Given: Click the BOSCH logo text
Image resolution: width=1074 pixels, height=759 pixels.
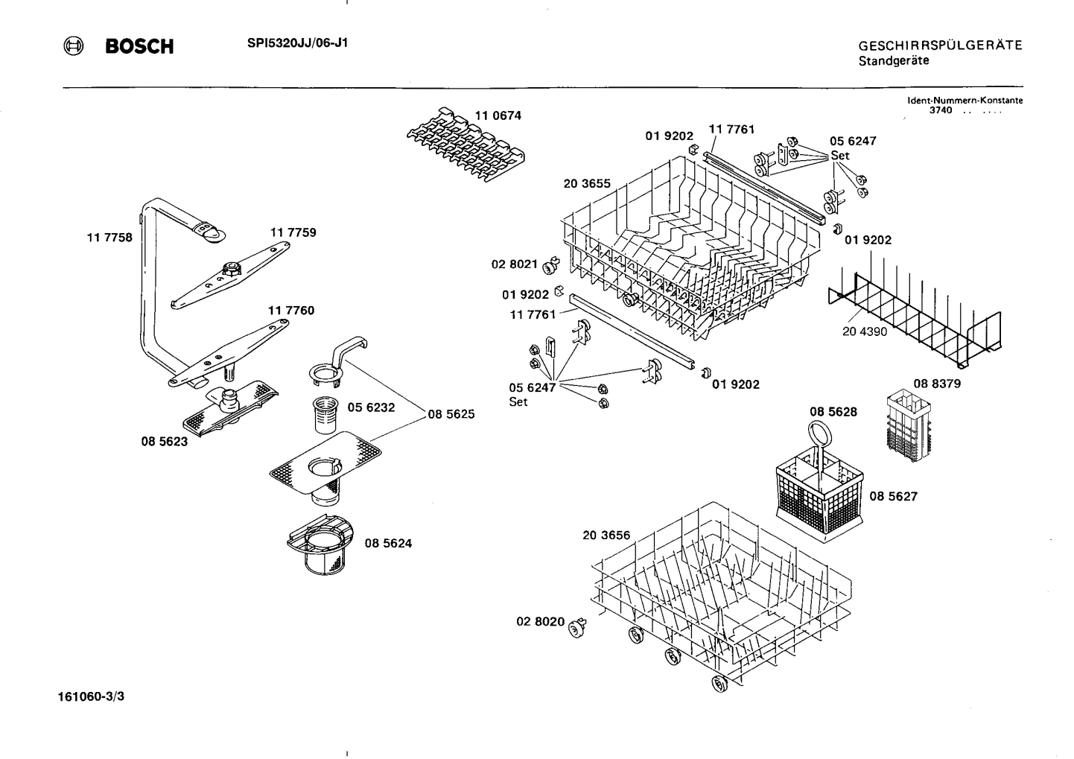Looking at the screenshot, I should [139, 47].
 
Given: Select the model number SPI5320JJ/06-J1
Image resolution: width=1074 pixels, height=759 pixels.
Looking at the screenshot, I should [297, 42].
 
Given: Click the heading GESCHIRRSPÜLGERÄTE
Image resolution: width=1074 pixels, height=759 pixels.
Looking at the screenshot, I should [940, 45].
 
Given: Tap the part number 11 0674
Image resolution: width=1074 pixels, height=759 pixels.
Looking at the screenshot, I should [498, 115].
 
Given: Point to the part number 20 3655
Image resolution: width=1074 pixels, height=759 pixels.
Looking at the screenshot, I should [587, 183].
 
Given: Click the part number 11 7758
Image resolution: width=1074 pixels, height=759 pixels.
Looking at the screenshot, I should [109, 238].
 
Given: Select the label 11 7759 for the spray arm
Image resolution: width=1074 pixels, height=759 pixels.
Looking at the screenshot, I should [293, 232].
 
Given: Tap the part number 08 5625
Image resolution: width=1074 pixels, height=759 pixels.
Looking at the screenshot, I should [451, 413].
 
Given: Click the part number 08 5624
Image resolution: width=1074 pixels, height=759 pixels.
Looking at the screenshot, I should [388, 543].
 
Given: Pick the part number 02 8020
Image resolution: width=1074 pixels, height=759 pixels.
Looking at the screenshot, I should [540, 621].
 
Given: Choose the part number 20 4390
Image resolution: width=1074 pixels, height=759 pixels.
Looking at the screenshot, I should [865, 331].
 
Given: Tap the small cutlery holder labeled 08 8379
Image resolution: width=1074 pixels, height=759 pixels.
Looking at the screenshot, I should [907, 427].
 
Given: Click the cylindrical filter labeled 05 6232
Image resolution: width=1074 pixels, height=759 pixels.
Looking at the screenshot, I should [328, 414].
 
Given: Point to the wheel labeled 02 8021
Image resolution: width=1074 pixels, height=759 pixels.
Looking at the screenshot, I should [551, 264].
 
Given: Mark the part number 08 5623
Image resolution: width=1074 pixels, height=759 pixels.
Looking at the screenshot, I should [164, 441].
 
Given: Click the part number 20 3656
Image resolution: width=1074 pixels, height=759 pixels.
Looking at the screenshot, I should [606, 535].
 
